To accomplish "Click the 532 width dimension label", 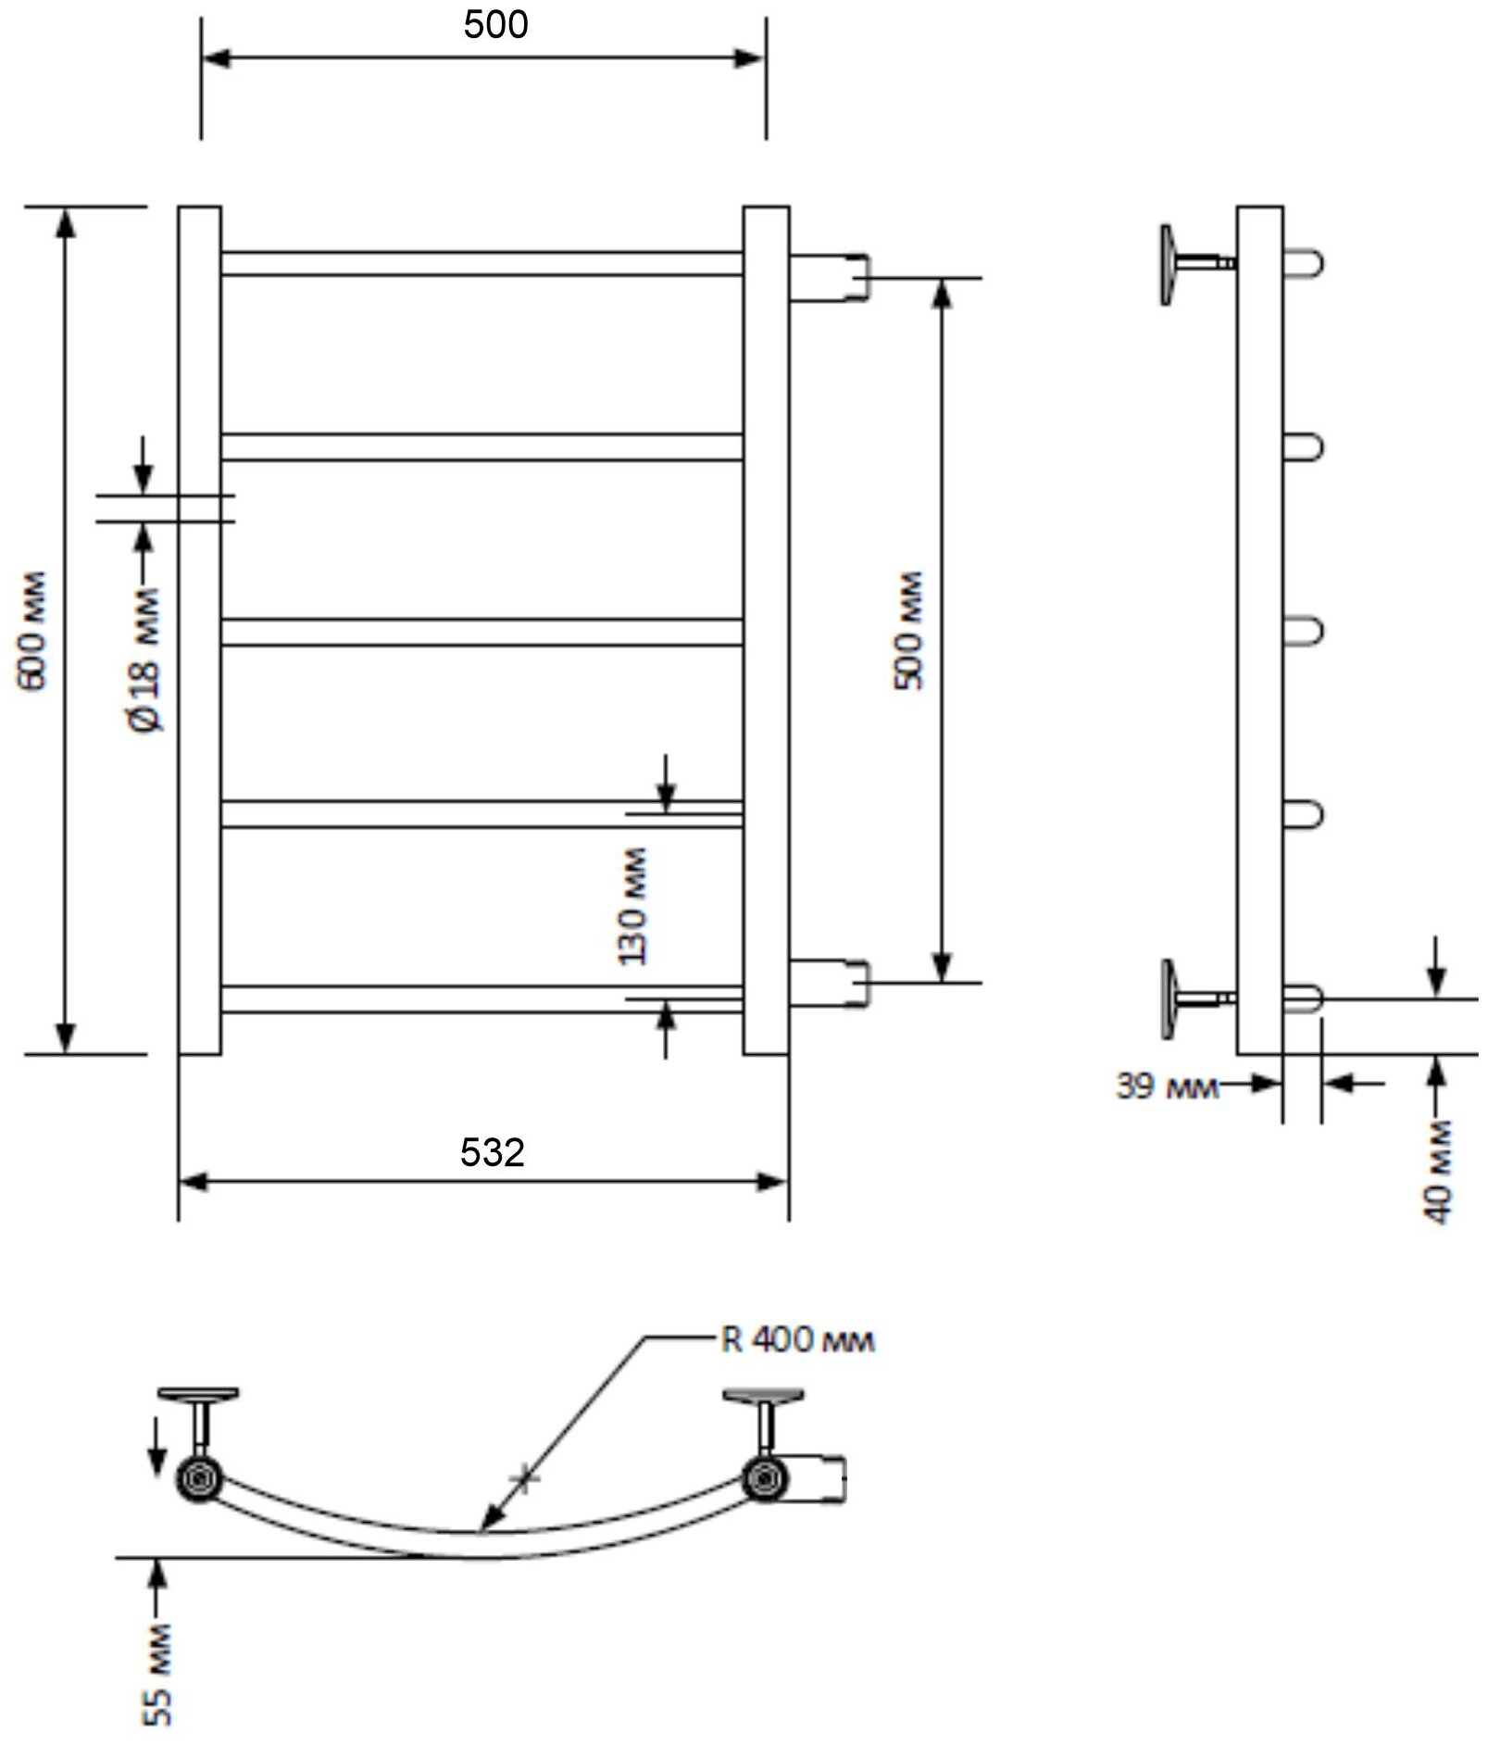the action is pos(492,1152).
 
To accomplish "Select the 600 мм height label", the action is pos(32,629).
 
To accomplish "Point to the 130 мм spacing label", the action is pos(633,906).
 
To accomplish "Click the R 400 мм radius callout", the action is pos(796,1340).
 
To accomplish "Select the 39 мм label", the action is pos(1166,1086).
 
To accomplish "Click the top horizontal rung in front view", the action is pos(481,263).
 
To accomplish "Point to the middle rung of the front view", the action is pos(481,632).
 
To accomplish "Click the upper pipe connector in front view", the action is pos(830,277).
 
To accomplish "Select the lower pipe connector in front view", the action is pos(830,984).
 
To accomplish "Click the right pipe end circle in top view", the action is pos(763,1478).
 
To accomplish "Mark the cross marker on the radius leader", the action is pos(524,1478).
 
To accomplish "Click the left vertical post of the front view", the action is pos(199,630).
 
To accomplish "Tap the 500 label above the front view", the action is pos(495,25).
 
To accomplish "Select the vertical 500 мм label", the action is pos(908,630).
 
